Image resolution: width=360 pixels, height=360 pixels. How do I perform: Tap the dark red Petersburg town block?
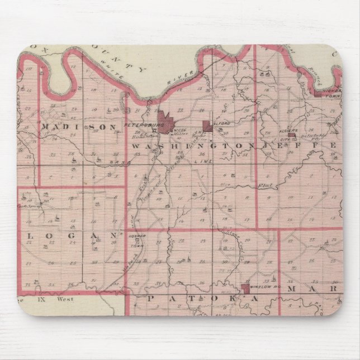[167, 120]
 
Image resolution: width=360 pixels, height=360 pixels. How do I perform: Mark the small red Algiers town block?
[292, 135]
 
